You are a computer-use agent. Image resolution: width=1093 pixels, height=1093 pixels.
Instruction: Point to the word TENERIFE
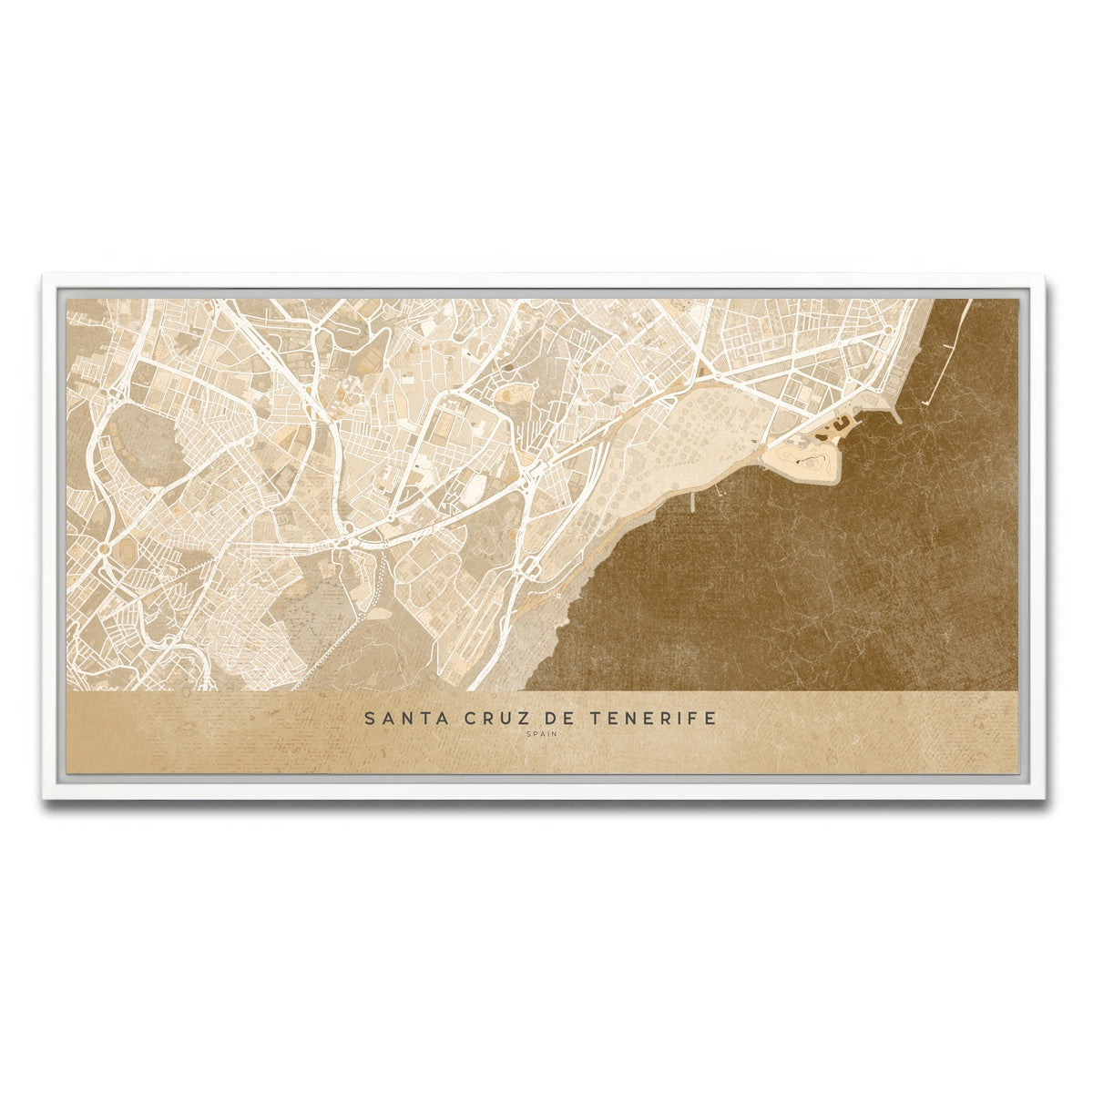pyautogui.click(x=653, y=719)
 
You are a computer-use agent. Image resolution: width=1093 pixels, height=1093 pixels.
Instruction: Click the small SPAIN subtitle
pyautogui.click(x=541, y=733)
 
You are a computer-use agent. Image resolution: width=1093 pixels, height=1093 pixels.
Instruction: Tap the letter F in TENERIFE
pyautogui.click(x=692, y=719)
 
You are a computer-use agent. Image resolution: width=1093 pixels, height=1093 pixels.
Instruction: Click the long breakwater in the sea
pyautogui.click(x=947, y=351)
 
